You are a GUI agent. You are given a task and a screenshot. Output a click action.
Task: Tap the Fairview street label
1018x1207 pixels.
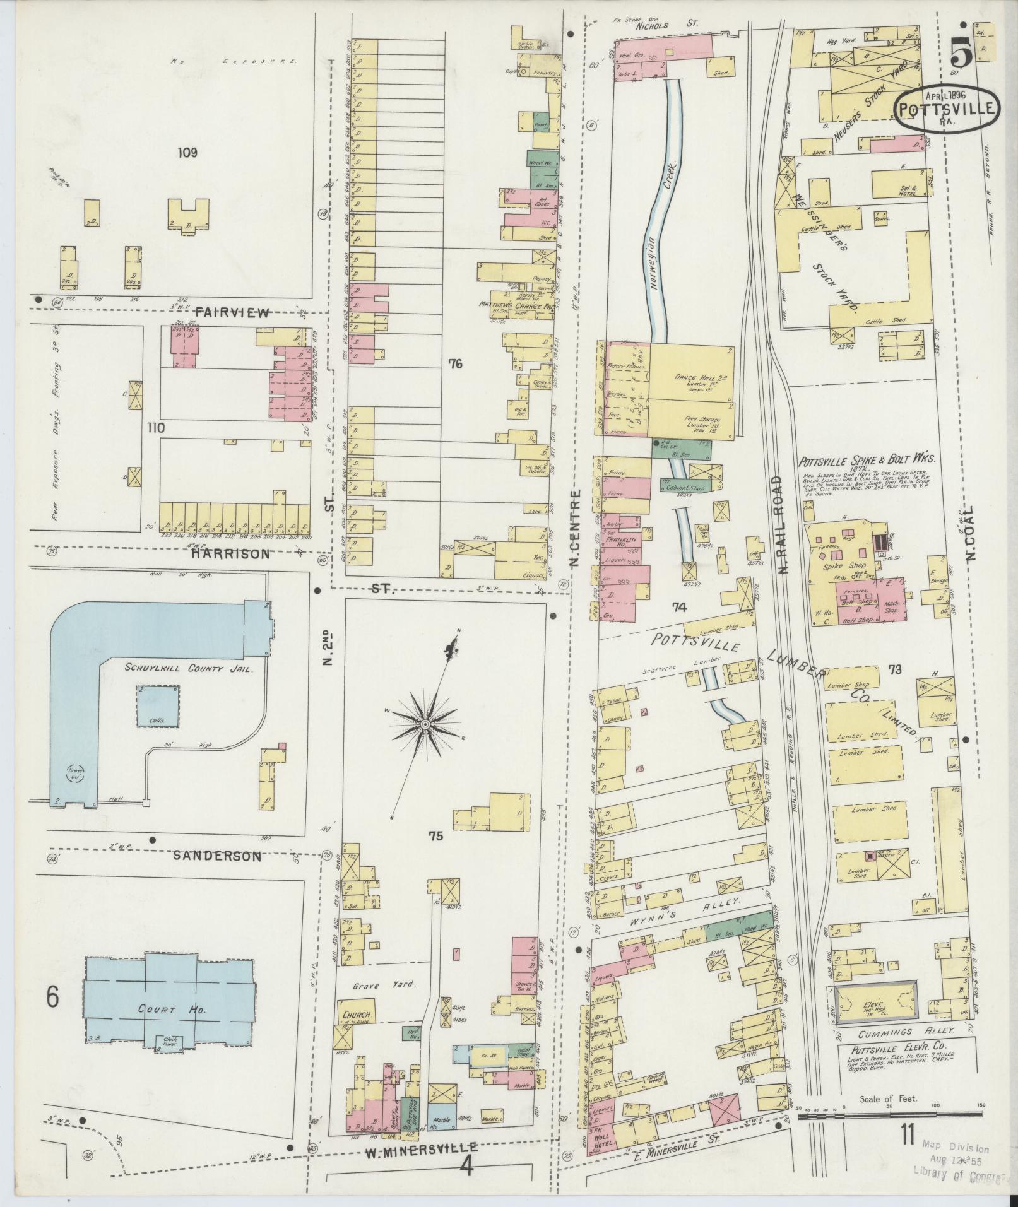pos(232,312)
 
